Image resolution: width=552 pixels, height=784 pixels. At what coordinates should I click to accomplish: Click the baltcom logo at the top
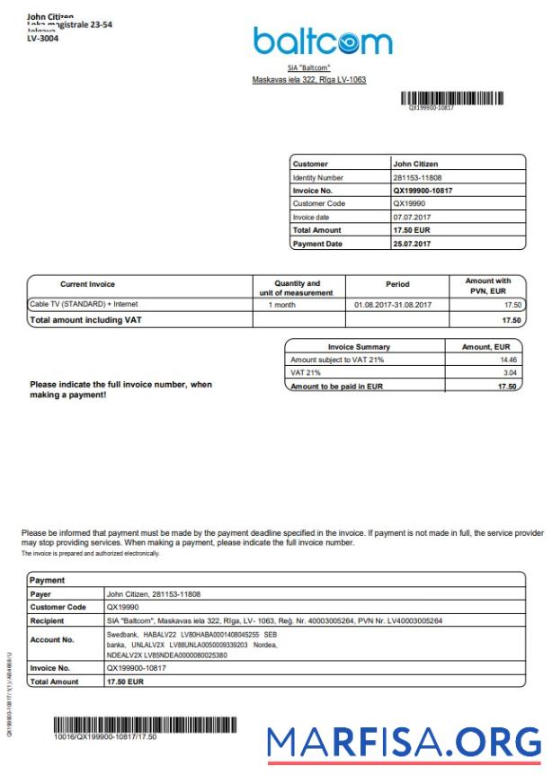coord(322,41)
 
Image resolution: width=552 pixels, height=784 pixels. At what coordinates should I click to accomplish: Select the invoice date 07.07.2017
coord(413,218)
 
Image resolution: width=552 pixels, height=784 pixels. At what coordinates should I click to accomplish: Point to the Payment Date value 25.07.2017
coord(413,244)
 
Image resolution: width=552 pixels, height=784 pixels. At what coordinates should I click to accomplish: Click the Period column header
coord(397,284)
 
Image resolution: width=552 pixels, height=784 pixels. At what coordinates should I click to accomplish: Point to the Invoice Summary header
coord(360,346)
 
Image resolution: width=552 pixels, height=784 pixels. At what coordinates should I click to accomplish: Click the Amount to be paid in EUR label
coord(331,387)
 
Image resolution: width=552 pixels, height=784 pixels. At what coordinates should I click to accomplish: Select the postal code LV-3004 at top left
coord(42,39)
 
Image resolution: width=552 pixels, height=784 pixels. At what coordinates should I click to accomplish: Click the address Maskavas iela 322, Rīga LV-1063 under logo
coord(309,80)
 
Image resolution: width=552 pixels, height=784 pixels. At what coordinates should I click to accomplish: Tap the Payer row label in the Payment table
coord(41,594)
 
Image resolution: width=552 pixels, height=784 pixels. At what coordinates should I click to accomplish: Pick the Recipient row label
coord(47,620)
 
